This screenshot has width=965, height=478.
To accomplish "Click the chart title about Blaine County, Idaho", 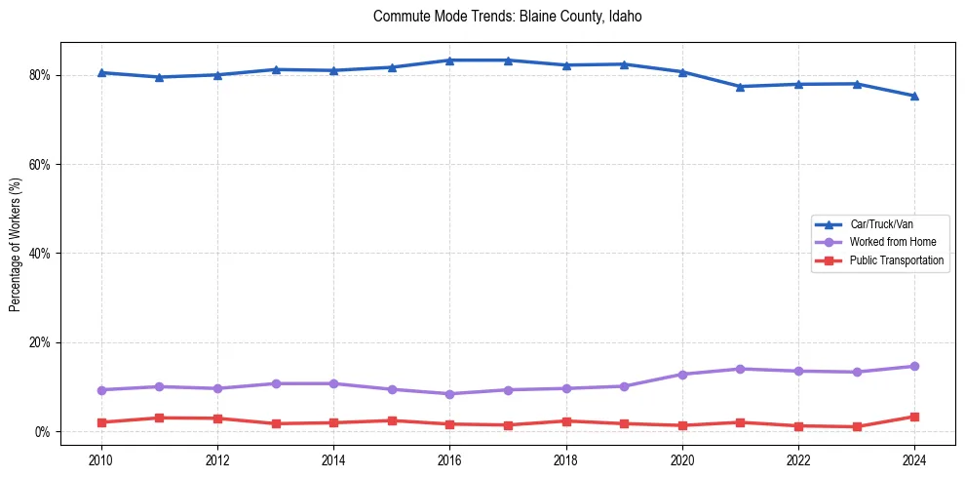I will pos(507,17).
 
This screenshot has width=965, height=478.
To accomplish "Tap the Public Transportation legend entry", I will pos(896,260).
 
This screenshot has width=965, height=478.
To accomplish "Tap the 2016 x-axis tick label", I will pos(449,458).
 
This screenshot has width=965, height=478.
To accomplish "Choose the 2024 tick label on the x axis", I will pos(914,458).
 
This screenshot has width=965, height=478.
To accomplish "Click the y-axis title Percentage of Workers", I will pos(16,244).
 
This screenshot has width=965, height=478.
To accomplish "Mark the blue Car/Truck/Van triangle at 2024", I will pos(914,96).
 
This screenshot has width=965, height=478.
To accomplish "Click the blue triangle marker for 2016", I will pos(449,60).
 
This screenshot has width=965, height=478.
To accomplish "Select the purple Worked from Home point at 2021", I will pos(740,369).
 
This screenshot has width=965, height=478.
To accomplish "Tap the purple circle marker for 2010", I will pos(101,390).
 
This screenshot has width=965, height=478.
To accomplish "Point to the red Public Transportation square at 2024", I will pos(914,417).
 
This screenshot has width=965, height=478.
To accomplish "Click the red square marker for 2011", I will pos(159,418).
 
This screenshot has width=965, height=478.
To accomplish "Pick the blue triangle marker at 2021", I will pos(740,87).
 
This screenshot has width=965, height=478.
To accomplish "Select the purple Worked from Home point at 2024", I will pos(914,367).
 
